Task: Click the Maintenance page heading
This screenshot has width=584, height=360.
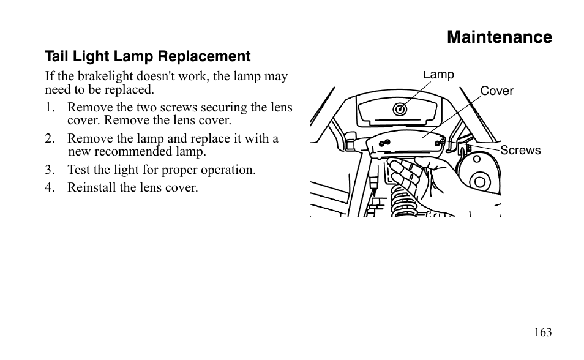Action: (x=499, y=37)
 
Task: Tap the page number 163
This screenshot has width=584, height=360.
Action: (x=542, y=332)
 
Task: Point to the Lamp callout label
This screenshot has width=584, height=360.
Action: (x=439, y=75)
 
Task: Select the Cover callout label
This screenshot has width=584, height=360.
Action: (x=496, y=91)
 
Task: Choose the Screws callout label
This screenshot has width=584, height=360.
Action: (x=520, y=151)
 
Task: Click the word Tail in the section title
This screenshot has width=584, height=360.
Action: (x=56, y=57)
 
